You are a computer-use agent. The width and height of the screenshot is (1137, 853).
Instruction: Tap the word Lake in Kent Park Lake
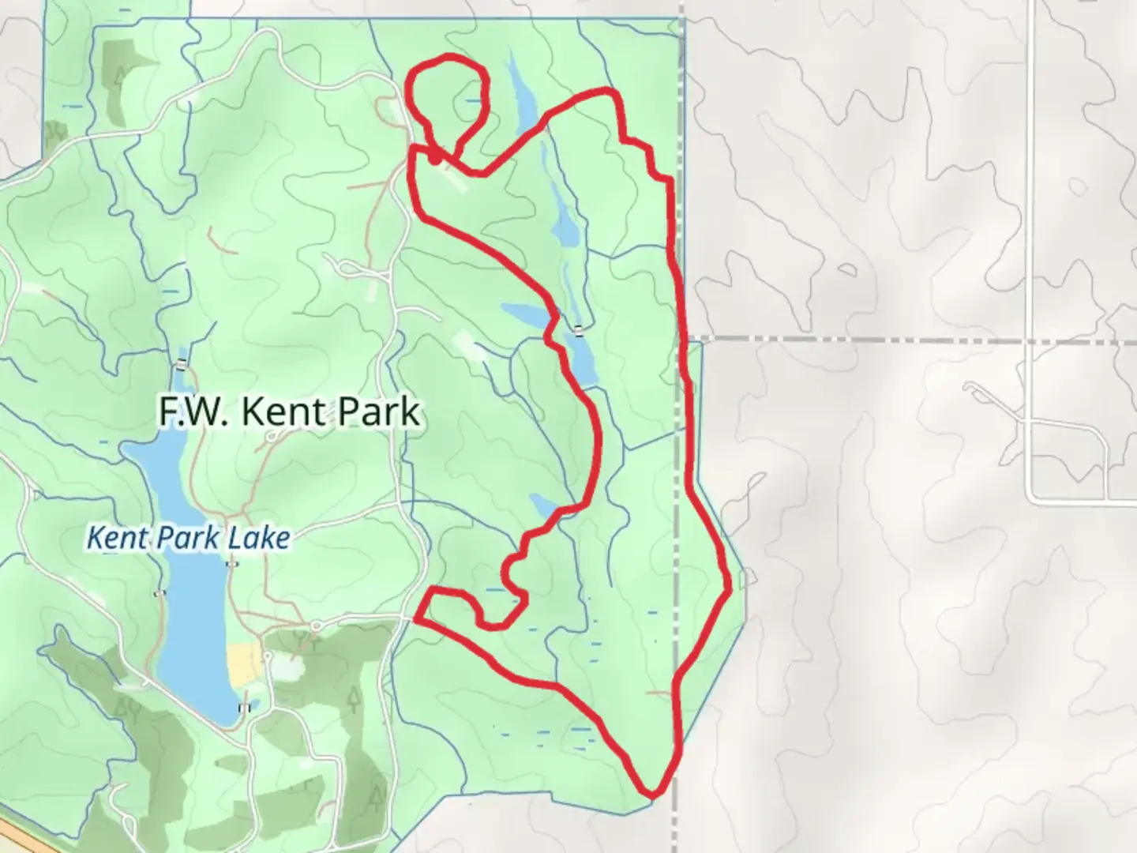click(x=258, y=539)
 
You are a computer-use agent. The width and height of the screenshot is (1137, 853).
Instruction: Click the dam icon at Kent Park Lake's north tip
click(x=182, y=364)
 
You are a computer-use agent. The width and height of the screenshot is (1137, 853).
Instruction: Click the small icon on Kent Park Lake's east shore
click(x=231, y=564)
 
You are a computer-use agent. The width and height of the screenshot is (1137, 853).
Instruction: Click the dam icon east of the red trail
click(x=580, y=332)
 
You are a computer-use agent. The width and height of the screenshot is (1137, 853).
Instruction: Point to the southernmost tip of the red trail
click(x=652, y=791)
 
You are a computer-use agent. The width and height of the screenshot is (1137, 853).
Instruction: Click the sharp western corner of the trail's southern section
click(x=418, y=618)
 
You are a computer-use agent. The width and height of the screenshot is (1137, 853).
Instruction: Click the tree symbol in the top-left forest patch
click(x=121, y=77)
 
